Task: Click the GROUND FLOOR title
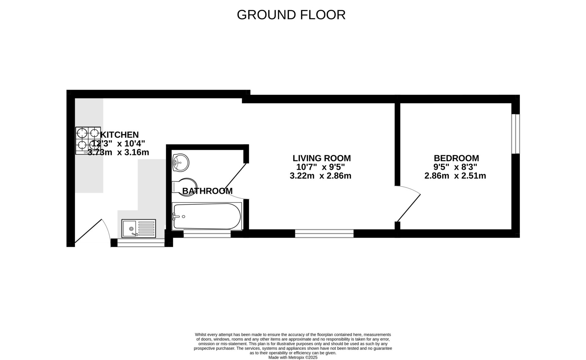point(291,15)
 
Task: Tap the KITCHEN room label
point(120,135)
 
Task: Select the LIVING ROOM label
point(322,158)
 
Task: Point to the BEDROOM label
point(456,158)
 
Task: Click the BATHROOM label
point(207,191)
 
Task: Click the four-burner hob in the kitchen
point(88,140)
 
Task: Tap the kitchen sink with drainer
point(139,228)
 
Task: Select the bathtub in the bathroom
point(207,216)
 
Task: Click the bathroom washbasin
point(180,162)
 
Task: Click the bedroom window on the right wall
point(515,134)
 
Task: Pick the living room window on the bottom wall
point(324,234)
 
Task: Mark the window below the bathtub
point(207,234)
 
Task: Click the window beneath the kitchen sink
point(141,243)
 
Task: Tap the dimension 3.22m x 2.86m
point(320,176)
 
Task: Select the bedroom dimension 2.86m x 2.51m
point(455,176)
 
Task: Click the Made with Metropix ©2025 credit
point(293,358)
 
